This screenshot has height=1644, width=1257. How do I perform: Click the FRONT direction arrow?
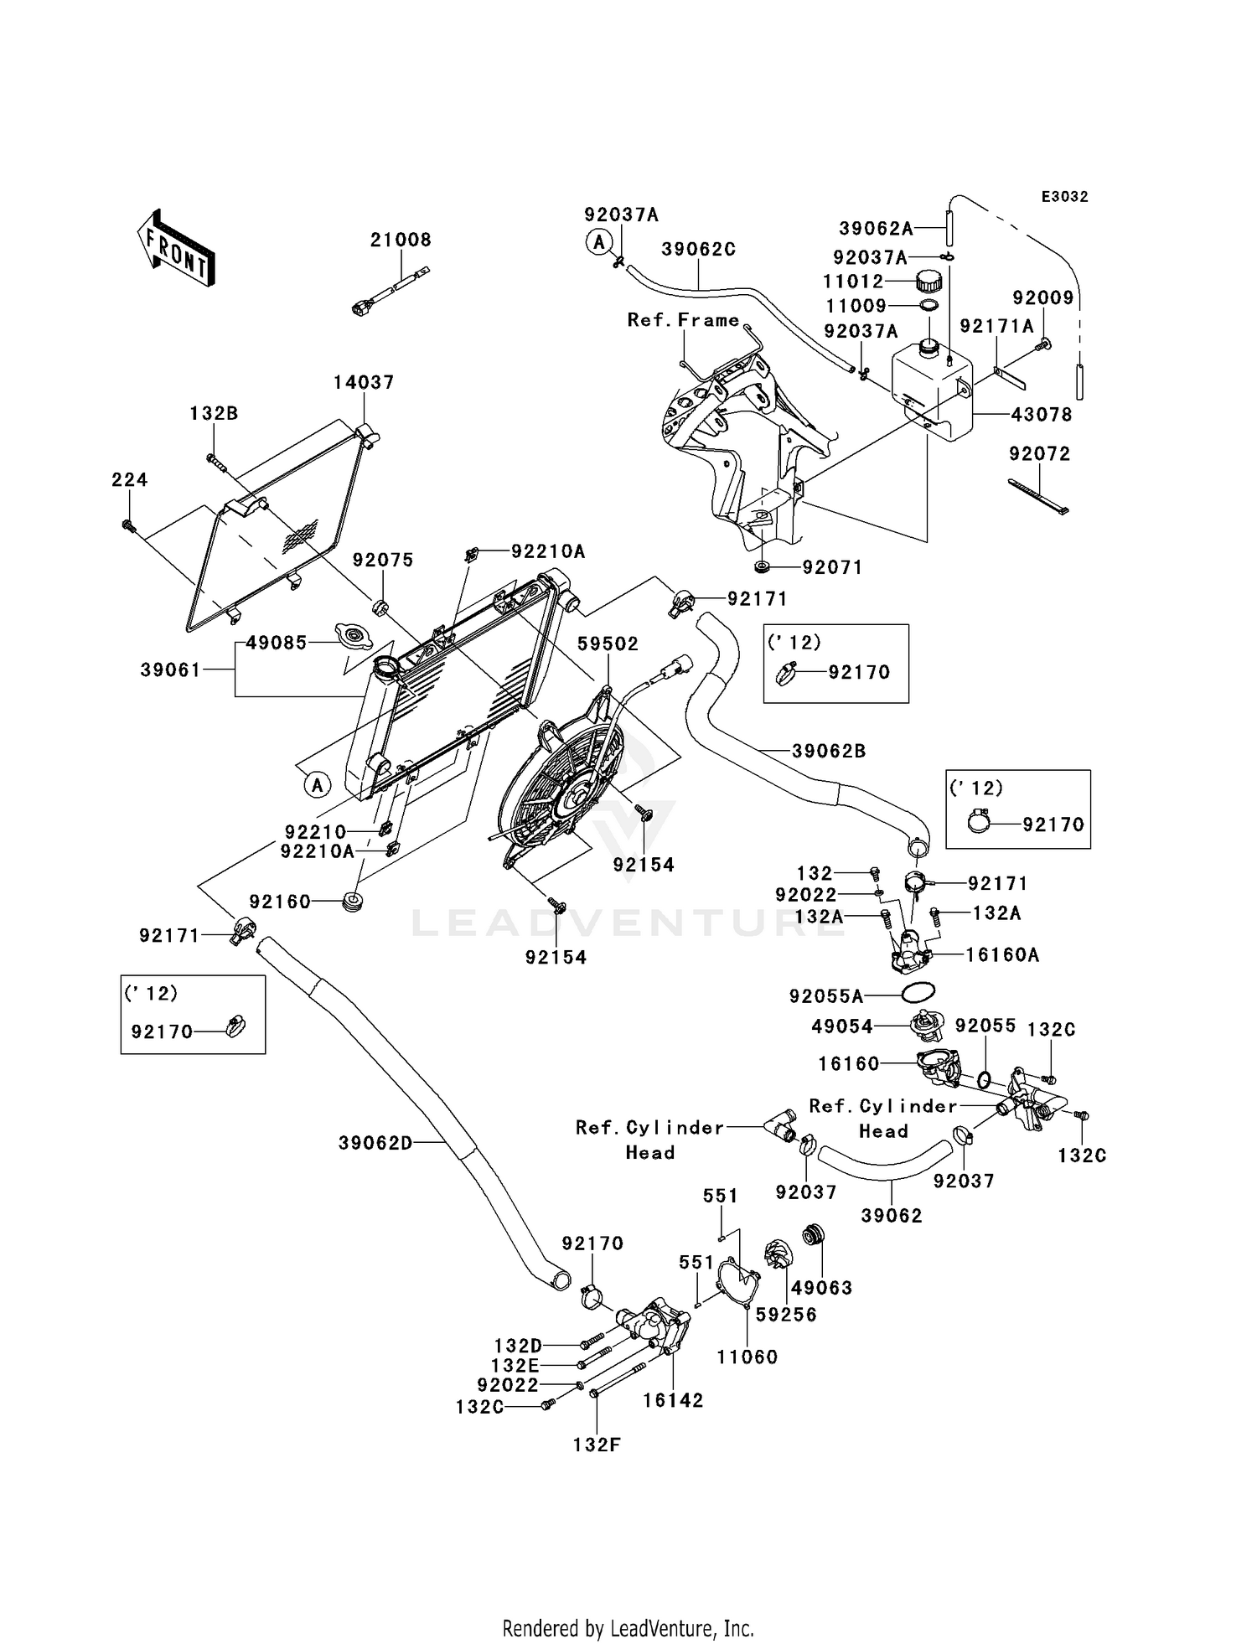[176, 248]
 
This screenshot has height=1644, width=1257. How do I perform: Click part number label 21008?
[401, 240]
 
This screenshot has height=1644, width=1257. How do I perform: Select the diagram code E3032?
[1064, 197]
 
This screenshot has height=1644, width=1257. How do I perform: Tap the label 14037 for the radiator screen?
[363, 382]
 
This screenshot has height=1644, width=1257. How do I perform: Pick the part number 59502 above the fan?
[608, 644]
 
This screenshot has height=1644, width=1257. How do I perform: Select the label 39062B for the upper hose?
[828, 751]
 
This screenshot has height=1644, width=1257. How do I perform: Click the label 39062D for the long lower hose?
[375, 1142]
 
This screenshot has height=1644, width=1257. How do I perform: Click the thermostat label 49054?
[842, 1026]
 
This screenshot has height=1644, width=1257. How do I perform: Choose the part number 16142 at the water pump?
[673, 1400]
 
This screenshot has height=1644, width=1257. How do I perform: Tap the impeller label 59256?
[785, 1315]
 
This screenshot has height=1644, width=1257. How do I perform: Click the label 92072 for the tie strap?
[1039, 454]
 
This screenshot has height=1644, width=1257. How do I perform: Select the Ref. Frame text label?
[683, 320]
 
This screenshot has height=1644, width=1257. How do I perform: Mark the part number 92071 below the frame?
[831, 567]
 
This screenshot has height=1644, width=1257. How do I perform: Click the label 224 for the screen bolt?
[129, 479]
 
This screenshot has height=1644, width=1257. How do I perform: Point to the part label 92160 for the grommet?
[280, 902]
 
